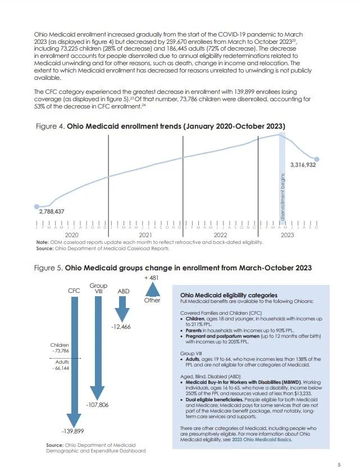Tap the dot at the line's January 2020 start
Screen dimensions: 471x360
click(x=37, y=206)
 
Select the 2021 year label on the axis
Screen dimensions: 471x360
click(x=145, y=234)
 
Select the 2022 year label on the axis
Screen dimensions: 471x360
click(x=220, y=234)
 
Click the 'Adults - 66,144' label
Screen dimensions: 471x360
click(x=59, y=366)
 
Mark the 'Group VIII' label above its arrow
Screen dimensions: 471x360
click(x=98, y=288)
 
